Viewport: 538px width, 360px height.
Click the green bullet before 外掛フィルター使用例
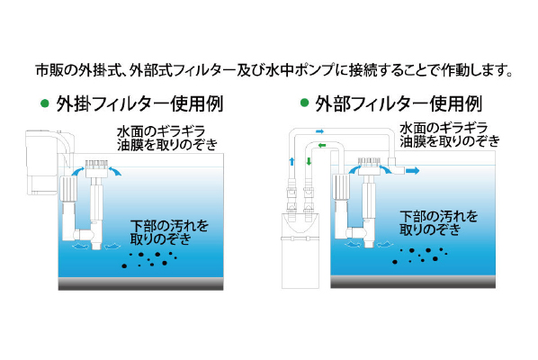(45, 103)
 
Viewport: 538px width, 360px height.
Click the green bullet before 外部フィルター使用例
(304, 103)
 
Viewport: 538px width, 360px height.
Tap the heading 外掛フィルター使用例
(139, 103)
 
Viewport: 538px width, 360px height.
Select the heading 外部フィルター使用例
(399, 103)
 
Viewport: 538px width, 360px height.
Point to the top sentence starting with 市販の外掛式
(274, 70)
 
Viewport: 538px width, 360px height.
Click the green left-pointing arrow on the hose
(322, 146)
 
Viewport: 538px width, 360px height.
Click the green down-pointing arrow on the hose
(309, 161)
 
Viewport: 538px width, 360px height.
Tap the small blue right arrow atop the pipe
(319, 131)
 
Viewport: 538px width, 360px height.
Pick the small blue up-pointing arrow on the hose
(291, 161)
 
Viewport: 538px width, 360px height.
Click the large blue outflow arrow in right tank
(413, 171)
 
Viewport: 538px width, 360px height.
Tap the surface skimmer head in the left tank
(97, 168)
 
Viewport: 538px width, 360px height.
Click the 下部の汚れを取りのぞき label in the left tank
(169, 232)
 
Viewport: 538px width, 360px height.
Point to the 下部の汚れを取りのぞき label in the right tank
(439, 222)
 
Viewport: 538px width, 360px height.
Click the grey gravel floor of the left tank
(140, 283)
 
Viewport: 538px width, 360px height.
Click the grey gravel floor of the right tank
(413, 282)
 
